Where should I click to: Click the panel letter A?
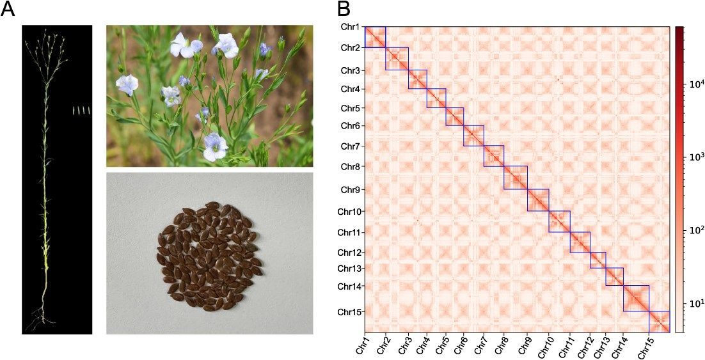(x=8, y=9)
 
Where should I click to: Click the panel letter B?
(x=344, y=9)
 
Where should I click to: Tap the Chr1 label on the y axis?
(x=350, y=27)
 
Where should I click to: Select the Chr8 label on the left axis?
(x=350, y=167)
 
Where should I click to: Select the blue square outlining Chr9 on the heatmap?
(x=527, y=200)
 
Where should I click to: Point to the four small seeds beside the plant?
(x=82, y=110)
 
